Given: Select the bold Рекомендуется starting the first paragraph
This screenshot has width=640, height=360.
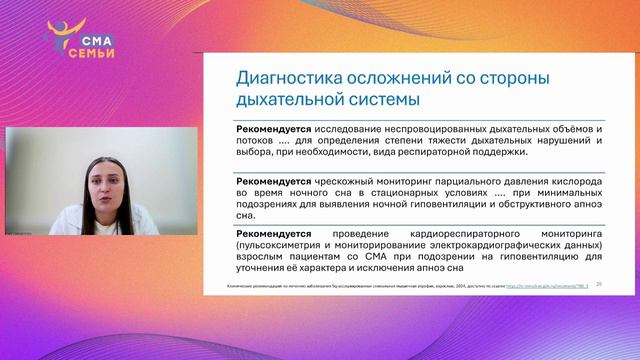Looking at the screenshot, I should [x=272, y=130].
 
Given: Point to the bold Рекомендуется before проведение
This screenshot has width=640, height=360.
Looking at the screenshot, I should [x=272, y=233].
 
